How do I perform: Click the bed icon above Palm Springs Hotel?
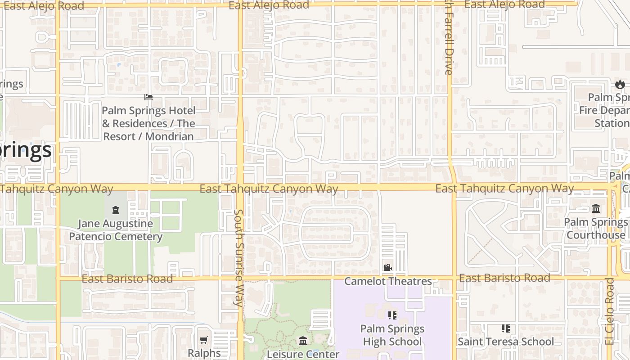[x=148, y=97]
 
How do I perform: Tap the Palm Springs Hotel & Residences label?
[x=148, y=123]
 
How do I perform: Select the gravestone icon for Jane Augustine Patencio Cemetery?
[x=116, y=210]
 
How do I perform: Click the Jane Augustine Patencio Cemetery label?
[x=116, y=230]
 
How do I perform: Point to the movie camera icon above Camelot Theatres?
[x=387, y=267]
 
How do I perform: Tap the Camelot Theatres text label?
[x=388, y=281]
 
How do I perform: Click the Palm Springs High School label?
[x=392, y=335]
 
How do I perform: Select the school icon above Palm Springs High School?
[x=392, y=315]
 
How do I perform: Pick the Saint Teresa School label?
[x=506, y=342]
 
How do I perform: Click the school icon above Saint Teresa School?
[x=506, y=328]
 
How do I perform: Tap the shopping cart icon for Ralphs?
[x=204, y=340]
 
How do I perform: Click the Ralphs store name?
[x=204, y=353]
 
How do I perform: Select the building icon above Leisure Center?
[x=303, y=341]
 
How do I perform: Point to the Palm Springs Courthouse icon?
[x=596, y=208]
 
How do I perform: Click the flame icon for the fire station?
[x=620, y=84]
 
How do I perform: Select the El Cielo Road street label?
[x=610, y=311]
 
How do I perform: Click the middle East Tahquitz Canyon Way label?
[x=269, y=189]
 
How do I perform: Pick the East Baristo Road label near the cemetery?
[x=127, y=279]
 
